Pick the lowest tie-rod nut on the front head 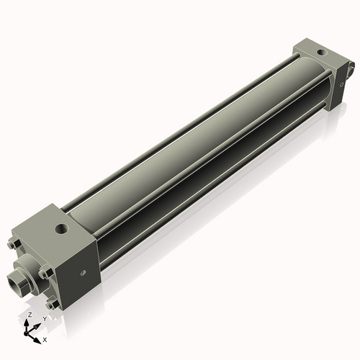coord(52,303)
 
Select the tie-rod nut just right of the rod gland coord(44,272)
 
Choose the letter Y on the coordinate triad coord(45,318)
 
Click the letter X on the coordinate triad coord(45,338)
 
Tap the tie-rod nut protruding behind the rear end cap coord(351,69)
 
